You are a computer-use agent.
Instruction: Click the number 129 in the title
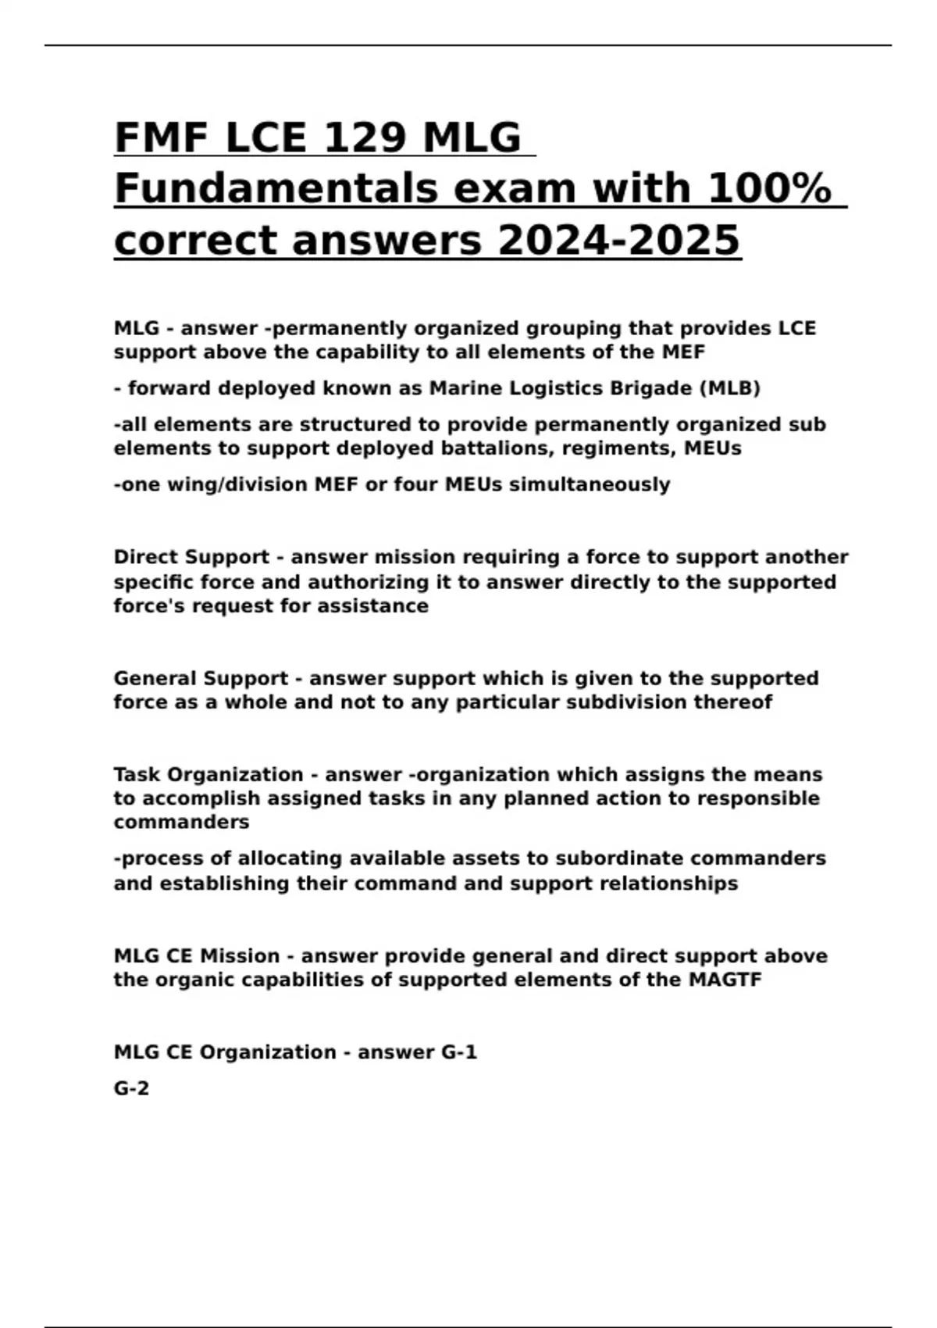click(x=365, y=138)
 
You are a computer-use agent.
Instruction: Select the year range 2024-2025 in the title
click(x=618, y=240)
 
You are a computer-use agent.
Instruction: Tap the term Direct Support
click(x=191, y=557)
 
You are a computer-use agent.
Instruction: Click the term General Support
click(x=201, y=678)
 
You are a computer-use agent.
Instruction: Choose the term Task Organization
click(x=208, y=774)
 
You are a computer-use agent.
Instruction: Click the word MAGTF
click(x=725, y=980)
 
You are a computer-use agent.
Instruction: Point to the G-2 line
click(x=131, y=1088)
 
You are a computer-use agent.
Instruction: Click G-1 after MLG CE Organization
click(x=459, y=1052)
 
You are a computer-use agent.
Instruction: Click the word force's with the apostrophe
click(x=150, y=606)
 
